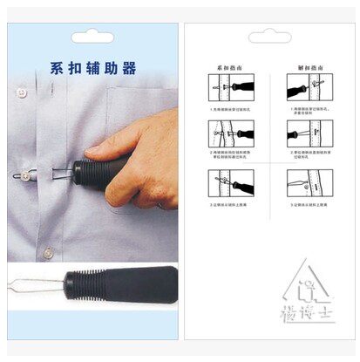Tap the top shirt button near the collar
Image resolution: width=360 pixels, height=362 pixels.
point(29,89)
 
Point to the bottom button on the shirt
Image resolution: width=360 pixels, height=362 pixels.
point(49,253)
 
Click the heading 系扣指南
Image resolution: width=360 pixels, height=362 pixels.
point(228,67)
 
